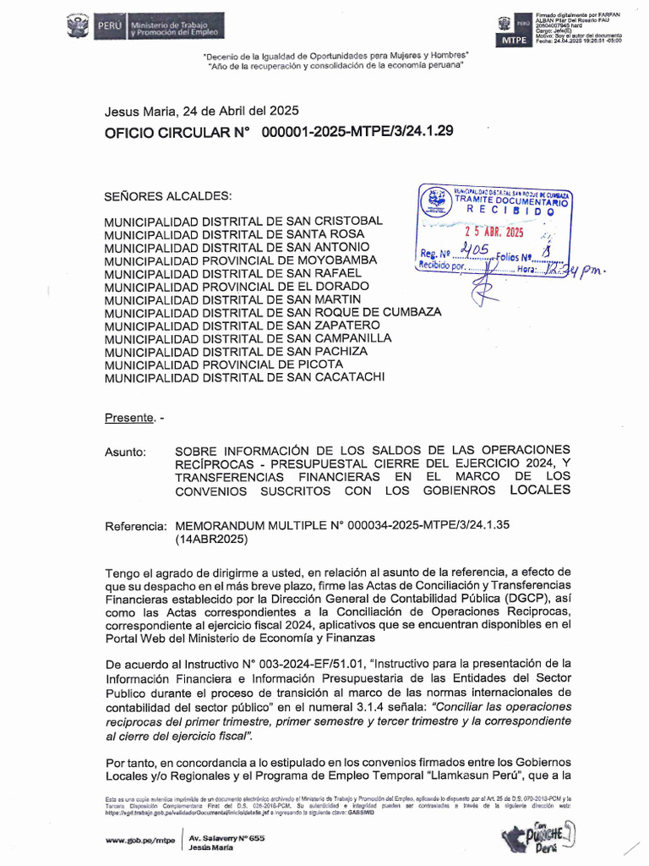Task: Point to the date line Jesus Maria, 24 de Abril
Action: coord(201,110)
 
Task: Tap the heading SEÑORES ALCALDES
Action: coord(167,196)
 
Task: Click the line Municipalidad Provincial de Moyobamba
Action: coord(240,260)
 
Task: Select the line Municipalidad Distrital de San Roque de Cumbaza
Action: coord(272,312)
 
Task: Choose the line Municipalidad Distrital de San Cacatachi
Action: coord(244,377)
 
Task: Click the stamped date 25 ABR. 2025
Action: coord(495,232)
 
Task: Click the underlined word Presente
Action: coord(129,417)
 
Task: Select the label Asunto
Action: coord(125,452)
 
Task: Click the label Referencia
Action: coord(135,526)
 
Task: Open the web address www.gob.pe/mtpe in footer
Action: coord(139,840)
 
